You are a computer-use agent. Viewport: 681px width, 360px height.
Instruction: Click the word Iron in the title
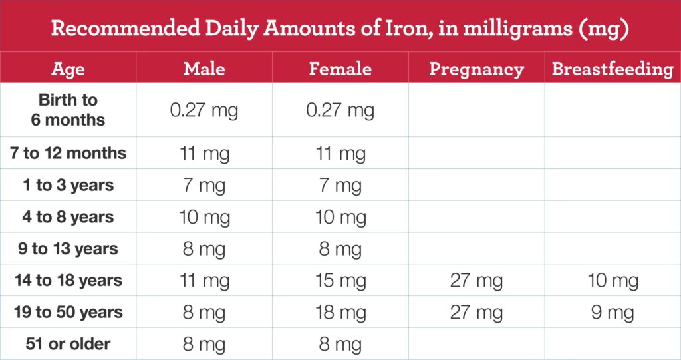[x=400, y=29]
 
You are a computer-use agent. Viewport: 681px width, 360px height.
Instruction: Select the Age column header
[x=68, y=69]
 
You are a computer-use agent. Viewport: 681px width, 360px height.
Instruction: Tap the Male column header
[x=204, y=69]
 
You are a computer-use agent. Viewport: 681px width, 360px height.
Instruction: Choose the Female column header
[x=340, y=69]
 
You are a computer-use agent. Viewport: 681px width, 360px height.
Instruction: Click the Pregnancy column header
[x=476, y=69]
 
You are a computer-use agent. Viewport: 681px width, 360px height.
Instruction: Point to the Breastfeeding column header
[x=613, y=69]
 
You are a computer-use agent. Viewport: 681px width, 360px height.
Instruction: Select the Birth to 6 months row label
[x=68, y=110]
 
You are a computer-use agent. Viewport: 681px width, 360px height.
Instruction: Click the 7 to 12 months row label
[x=68, y=154]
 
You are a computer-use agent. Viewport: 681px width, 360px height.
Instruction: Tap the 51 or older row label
[x=68, y=344]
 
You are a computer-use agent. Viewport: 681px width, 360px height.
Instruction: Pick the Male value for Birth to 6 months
[x=204, y=110]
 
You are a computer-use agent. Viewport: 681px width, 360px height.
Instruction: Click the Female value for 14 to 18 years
[x=340, y=281]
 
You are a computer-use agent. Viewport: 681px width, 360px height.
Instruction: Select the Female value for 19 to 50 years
[x=340, y=313]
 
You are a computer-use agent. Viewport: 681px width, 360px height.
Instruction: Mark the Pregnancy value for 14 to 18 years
[x=476, y=281]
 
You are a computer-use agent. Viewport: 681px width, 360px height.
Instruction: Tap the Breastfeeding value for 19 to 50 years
[x=613, y=313]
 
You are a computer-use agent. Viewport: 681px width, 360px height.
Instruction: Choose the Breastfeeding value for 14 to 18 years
[x=613, y=281]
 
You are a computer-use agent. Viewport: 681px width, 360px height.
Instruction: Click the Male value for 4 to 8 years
[x=204, y=218]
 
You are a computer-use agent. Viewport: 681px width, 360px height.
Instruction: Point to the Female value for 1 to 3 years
[x=340, y=186]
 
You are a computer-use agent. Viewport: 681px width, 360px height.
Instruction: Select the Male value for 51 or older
[x=204, y=345]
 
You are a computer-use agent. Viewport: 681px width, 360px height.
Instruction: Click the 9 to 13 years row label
[x=68, y=249]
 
